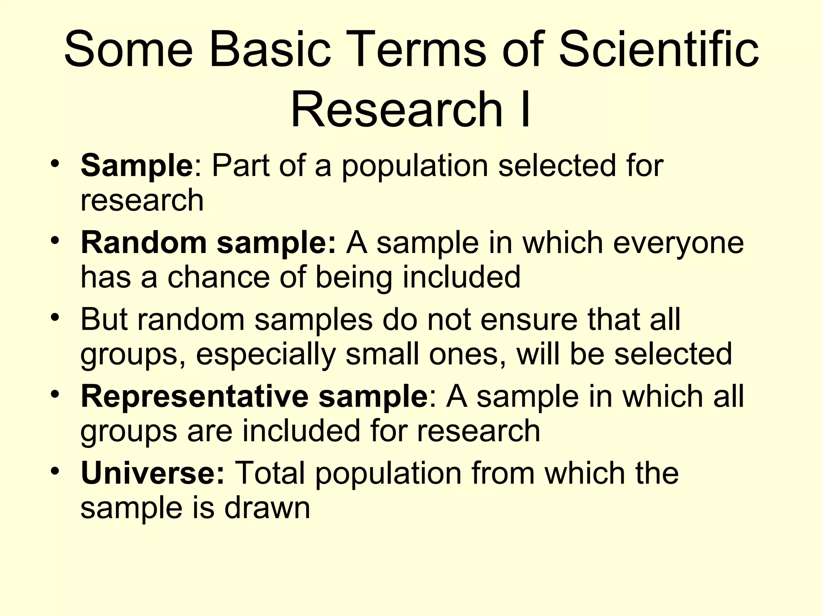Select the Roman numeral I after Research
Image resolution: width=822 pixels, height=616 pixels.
(x=524, y=109)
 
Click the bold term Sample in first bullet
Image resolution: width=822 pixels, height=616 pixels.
(x=137, y=166)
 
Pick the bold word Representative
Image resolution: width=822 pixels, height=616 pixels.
(x=194, y=396)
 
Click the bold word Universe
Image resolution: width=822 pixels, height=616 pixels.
(x=153, y=473)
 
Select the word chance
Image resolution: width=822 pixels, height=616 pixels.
(x=218, y=277)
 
